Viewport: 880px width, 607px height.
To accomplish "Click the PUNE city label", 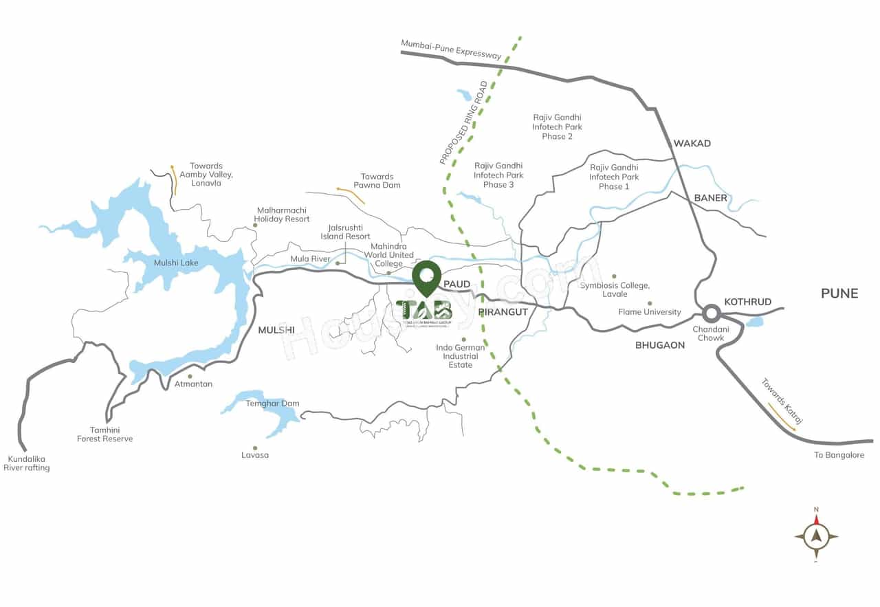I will point(839,294).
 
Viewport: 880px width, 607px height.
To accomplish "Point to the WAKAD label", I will point(692,144).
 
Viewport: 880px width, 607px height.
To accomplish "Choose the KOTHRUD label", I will point(748,302).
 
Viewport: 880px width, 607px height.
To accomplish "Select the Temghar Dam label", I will point(272,404).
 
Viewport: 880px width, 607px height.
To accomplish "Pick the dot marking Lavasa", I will point(255,448).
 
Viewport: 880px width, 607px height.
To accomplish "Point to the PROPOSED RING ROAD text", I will point(463,124).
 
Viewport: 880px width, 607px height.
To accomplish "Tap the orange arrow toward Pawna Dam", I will point(351,195).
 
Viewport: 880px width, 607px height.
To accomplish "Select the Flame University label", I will point(650,312).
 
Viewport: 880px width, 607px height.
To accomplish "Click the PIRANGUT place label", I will point(503,312).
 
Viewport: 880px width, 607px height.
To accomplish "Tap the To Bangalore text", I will point(839,455).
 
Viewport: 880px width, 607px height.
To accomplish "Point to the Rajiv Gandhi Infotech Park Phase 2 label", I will point(557,127).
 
